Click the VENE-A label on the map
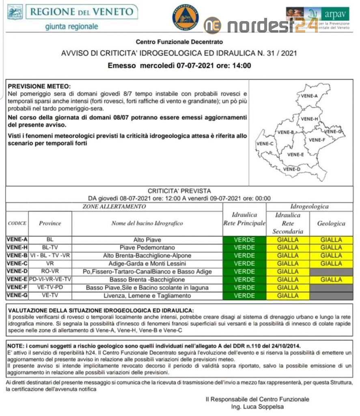310,96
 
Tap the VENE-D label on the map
291,169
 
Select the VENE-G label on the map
334,132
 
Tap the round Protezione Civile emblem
185,17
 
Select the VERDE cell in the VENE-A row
244,240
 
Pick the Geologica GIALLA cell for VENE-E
331,279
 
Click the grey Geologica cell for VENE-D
331,271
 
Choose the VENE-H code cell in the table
17,247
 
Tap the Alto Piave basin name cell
147,240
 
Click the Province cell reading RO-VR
50,271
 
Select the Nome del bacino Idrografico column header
147,223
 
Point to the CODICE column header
17,223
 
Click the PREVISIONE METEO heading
39,87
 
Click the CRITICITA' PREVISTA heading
179,191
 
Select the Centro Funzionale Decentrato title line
179,42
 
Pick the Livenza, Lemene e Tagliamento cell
147,296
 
